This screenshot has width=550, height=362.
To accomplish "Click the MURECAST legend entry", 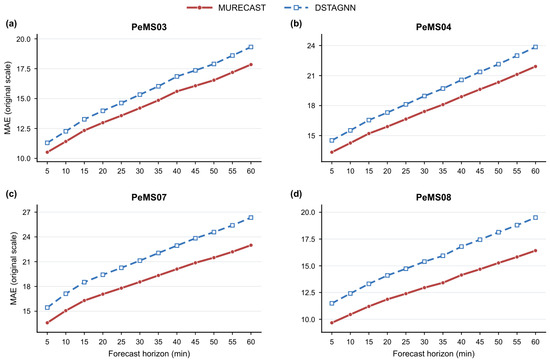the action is (x=226, y=8).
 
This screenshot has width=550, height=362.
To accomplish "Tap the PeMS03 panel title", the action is (x=149, y=27).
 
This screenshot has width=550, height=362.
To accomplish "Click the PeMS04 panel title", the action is (x=434, y=27).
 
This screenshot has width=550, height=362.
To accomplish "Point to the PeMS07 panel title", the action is (x=149, y=197).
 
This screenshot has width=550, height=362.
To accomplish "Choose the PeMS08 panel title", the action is (x=434, y=197).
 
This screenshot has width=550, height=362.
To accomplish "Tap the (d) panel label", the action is (x=296, y=194).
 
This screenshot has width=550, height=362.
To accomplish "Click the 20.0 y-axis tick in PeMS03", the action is (x=24, y=39).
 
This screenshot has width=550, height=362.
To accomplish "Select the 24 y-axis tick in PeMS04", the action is (x=311, y=46).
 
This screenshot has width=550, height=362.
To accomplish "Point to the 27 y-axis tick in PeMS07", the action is (x=27, y=213).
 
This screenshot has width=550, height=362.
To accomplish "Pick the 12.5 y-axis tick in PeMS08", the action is (x=308, y=293).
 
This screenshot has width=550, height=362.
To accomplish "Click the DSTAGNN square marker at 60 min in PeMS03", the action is (x=251, y=47).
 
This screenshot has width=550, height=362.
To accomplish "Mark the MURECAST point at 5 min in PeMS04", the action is (x=332, y=152).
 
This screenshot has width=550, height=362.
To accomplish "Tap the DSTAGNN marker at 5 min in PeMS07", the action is (x=47, y=308).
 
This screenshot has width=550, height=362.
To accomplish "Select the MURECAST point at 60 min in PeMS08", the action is (x=535, y=251).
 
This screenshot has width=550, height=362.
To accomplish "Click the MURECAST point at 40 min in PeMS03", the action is (x=177, y=92).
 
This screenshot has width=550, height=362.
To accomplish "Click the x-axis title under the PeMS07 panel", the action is (x=149, y=354).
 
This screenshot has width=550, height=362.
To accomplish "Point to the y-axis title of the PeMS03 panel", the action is (x=8, y=98).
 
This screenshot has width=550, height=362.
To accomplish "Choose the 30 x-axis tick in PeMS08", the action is (x=424, y=342).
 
